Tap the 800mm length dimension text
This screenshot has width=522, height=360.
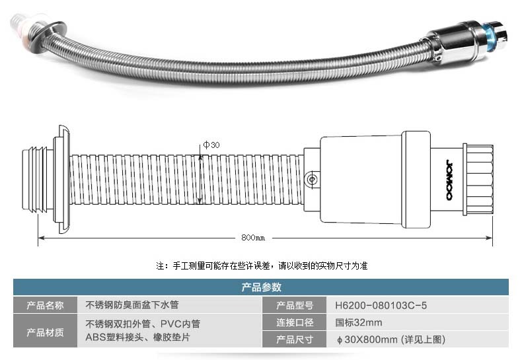coord(253,238)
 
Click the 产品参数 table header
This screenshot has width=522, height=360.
coord(261,287)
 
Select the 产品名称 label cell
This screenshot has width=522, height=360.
coord(46,305)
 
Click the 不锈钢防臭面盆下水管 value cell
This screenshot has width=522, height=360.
coord(132,305)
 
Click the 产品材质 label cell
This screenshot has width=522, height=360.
coord(46,331)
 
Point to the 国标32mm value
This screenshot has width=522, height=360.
coord(359,323)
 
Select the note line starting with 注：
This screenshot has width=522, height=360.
coord(261,266)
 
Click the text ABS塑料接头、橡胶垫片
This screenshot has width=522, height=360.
coord(138,337)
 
